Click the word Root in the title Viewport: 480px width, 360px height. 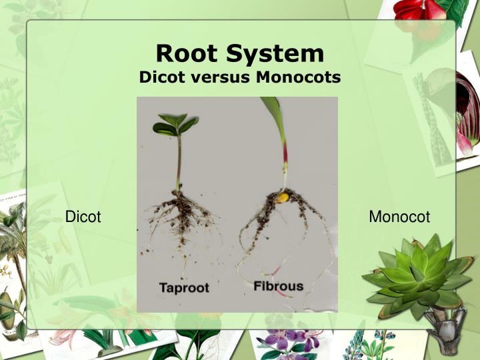[x=187, y=53]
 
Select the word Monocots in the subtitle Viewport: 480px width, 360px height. [x=299, y=77]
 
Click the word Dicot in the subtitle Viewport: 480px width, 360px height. [x=159, y=77]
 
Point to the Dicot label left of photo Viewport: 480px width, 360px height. [x=83, y=217]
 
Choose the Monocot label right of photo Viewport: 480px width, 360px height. [x=399, y=217]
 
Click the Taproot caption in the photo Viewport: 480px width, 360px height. [x=184, y=288]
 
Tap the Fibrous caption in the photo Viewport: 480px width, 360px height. [x=279, y=287]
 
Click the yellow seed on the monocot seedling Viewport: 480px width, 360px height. [x=283, y=197]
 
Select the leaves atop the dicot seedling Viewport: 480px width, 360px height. [x=175, y=125]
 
